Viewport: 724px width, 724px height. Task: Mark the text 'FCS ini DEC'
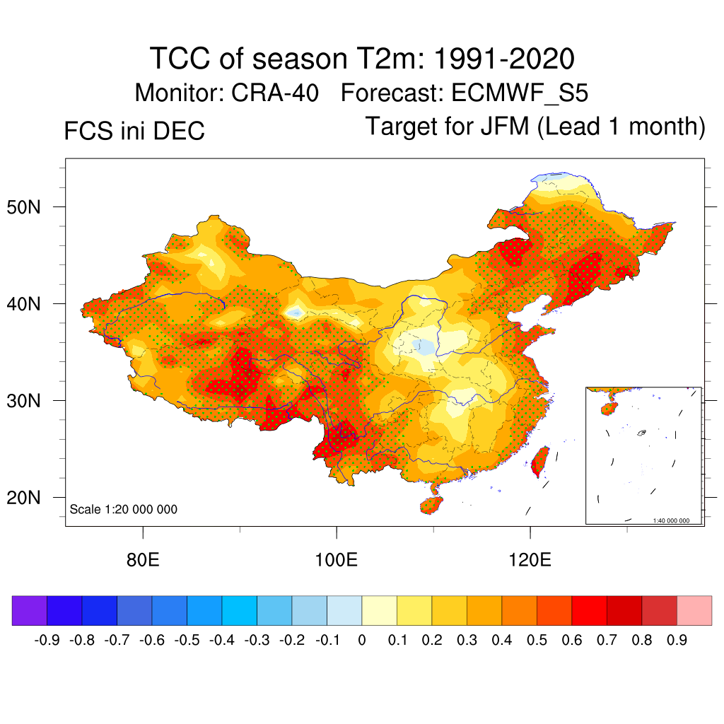click(134, 131)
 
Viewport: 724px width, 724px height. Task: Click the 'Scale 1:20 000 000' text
click(124, 509)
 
